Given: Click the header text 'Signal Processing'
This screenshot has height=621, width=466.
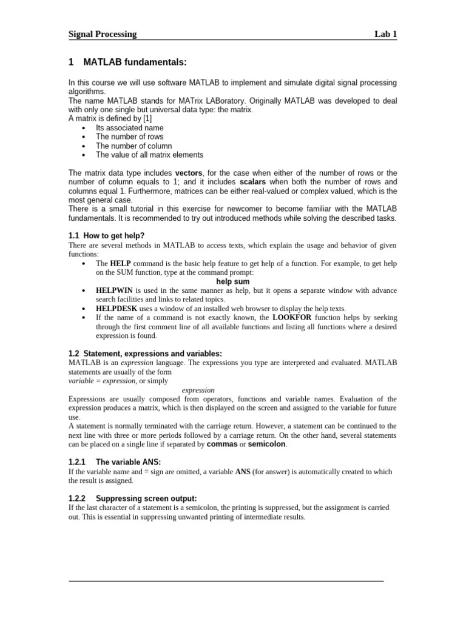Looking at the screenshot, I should pos(103,34).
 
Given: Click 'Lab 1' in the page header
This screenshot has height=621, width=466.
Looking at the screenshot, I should pos(385,34).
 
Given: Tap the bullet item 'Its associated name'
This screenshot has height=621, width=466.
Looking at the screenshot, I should pos(129,128).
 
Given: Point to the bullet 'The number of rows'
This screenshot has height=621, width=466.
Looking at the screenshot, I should pos(129,137).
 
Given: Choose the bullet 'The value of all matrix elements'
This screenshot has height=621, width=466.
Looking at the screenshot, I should pos(149,155).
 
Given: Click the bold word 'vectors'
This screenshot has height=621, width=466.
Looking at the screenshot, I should pos(189,173).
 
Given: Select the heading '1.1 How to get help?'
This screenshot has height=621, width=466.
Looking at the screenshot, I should pos(106,235).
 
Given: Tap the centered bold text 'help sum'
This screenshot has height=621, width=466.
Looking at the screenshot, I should pos(233,281).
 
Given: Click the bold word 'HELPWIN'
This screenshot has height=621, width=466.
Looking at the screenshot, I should pos(114,290).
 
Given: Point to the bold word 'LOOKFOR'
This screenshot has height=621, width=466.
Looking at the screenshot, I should pos(293,317).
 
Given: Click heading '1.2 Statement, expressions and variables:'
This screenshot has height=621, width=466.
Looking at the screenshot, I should pos(145,354).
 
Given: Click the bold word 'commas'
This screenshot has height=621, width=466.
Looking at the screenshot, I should pos(221,445).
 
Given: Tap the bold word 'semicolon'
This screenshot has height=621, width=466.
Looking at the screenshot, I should pos(266,445).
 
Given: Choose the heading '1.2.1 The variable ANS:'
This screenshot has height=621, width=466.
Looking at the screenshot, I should pos(114,462).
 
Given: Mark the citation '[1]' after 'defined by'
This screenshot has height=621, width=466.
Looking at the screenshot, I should pos(147,119).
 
